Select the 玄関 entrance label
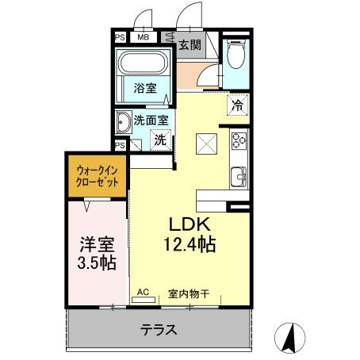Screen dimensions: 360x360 [189, 44]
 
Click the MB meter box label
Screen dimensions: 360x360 [144, 36]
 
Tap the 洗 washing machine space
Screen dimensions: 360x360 [159, 140]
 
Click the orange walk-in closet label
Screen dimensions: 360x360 [97, 175]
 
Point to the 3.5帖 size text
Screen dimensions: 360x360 [94, 263]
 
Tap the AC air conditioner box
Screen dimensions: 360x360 [144, 292]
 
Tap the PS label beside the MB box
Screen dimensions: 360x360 [121, 36]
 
